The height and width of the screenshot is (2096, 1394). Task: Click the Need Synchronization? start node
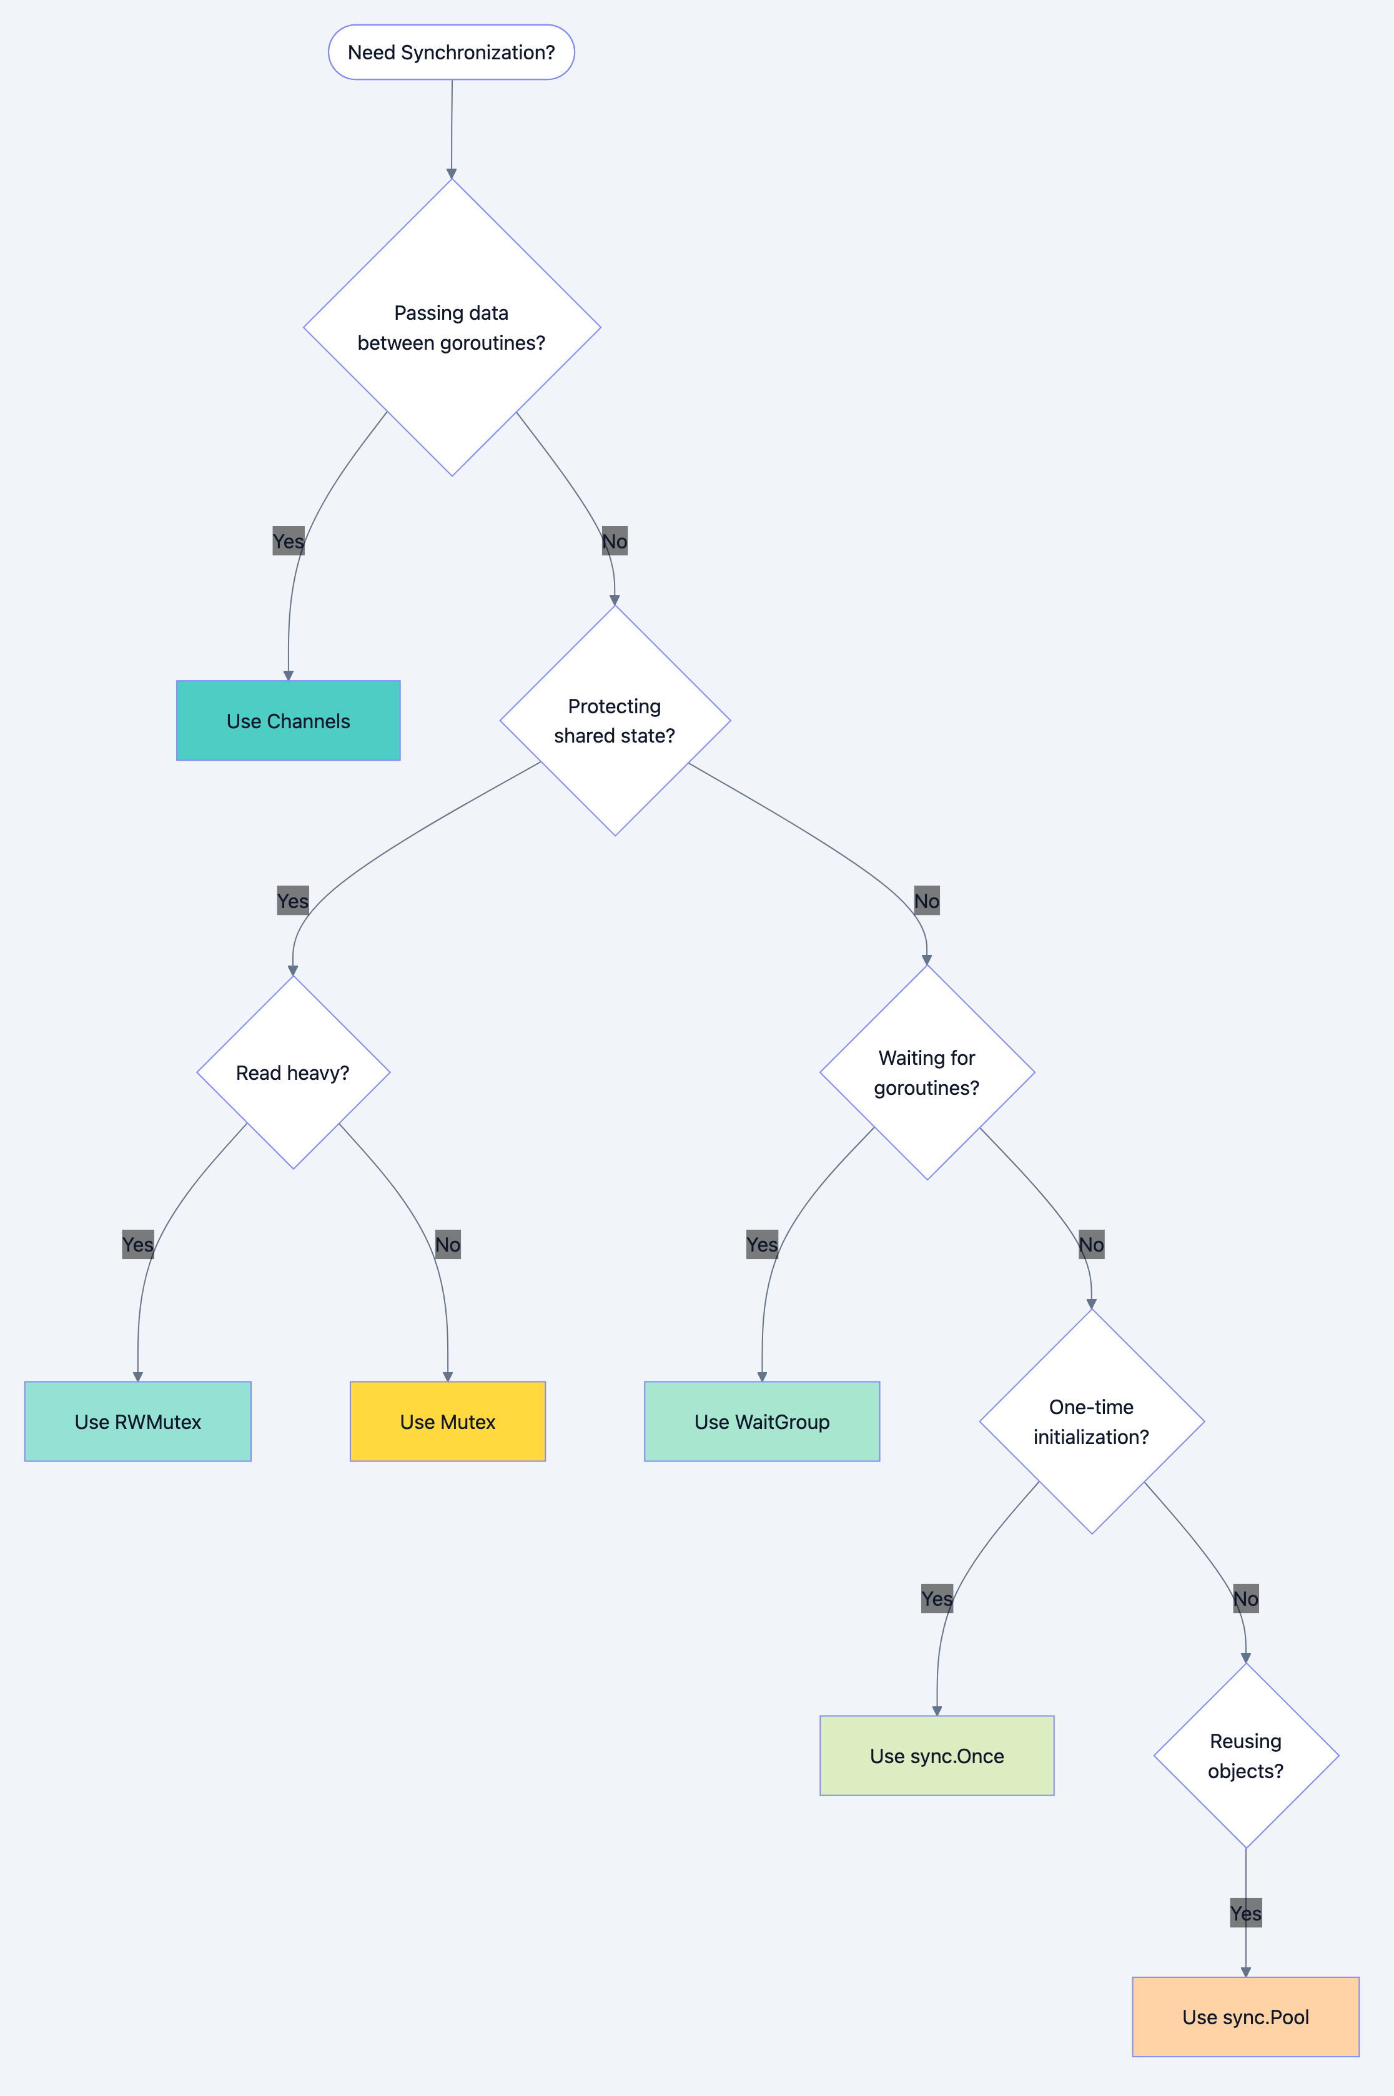tap(451, 52)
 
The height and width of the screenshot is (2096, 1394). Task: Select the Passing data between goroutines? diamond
tap(452, 327)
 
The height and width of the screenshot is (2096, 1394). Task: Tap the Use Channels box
tap(288, 721)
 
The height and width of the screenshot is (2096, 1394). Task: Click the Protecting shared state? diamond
tap(615, 721)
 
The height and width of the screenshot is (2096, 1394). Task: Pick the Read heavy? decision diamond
tap(292, 1073)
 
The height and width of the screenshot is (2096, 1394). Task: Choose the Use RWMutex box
tap(138, 1421)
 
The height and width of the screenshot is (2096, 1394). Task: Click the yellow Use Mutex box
tap(447, 1421)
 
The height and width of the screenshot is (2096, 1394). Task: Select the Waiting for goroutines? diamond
tap(926, 1073)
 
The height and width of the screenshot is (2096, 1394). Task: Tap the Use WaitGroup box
tap(762, 1421)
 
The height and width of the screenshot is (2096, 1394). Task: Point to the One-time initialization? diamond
tap(1091, 1421)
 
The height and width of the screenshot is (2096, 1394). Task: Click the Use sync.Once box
tap(936, 1756)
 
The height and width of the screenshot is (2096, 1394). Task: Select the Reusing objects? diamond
tap(1245, 1756)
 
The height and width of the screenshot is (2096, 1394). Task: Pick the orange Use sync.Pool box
tap(1245, 2017)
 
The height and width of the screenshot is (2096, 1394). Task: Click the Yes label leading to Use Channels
tap(288, 541)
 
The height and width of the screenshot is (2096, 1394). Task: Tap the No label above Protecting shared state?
tap(615, 541)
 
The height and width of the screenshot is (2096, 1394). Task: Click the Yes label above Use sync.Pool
tap(1245, 1913)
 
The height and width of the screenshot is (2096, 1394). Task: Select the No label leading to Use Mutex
tap(447, 1245)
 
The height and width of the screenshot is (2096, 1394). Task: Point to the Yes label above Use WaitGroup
tap(762, 1245)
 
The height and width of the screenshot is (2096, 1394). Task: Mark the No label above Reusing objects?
tap(1245, 1599)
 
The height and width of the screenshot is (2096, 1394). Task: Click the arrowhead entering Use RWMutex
tap(138, 1376)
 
